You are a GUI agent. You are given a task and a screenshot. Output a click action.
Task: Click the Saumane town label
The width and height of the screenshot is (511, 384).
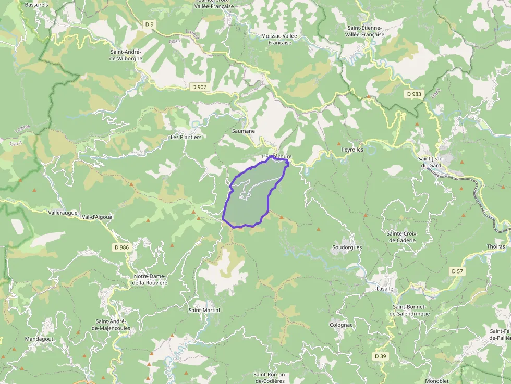tap(244, 131)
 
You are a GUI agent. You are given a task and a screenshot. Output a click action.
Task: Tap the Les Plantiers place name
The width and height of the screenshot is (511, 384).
tap(186, 137)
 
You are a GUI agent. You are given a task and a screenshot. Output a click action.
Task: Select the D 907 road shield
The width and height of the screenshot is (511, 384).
tap(199, 87)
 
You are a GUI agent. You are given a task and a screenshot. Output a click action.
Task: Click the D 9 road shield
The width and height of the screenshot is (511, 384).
tap(150, 24)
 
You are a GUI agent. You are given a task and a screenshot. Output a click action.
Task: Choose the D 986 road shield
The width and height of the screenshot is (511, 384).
tap(121, 247)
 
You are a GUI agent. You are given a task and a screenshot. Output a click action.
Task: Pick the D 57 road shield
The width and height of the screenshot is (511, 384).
tap(456, 271)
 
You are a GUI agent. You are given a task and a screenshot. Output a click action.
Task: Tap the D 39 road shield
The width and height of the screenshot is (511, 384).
tap(381, 356)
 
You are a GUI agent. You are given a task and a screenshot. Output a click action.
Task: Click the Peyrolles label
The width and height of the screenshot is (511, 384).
tap(352, 150)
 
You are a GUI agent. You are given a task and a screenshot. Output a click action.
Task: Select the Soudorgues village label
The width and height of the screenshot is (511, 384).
tap(347, 247)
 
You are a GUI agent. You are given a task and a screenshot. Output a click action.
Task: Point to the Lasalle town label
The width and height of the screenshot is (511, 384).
tap(384, 288)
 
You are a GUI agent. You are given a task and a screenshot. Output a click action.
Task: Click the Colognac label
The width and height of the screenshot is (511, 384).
tap(342, 325)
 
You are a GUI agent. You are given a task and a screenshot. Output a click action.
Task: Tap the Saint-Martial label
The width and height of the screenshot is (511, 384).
tap(204, 310)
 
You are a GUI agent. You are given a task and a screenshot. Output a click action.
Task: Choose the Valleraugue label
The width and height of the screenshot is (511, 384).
tap(63, 213)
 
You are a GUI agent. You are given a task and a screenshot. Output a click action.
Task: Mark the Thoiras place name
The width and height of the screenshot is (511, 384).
tap(495, 246)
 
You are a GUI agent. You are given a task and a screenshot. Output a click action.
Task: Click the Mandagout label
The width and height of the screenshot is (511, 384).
tap(39, 339)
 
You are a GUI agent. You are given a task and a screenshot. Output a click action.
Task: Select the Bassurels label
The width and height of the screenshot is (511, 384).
tap(36, 4)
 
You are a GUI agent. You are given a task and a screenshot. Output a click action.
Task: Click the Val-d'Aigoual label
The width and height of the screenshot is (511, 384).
tap(98, 217)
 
